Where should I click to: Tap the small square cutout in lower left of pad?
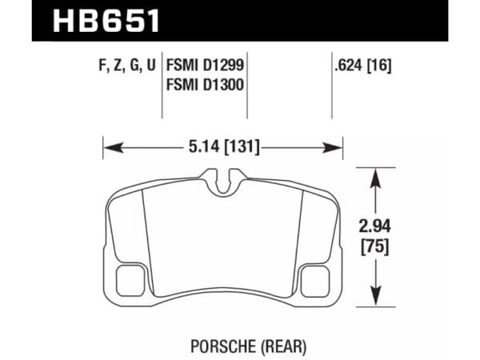click(x=127, y=281)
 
